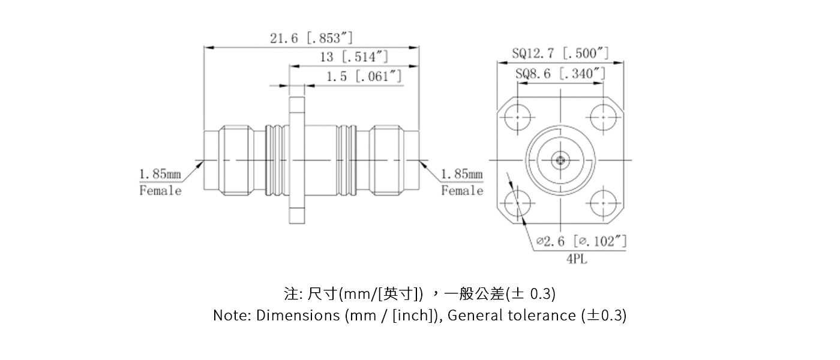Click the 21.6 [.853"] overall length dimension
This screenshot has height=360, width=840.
pos(311,38)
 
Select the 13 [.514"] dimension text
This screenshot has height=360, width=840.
pos(354,57)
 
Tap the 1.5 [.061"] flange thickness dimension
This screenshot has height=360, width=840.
pos(364,77)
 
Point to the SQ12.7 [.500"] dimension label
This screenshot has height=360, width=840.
pos(560,54)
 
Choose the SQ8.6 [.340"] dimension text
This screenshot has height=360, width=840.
pos(560,74)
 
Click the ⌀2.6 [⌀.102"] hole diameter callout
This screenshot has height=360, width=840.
pos(581,241)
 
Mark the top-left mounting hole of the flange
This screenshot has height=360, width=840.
pos(517,117)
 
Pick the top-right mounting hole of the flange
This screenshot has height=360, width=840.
pos(603,117)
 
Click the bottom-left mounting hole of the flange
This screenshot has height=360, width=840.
pos(517,202)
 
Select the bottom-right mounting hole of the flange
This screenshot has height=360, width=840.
pos(603,202)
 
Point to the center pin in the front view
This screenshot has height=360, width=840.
pos(560,160)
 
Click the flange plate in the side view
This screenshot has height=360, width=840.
pos(296,160)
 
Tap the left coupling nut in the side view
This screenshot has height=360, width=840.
pos(242,160)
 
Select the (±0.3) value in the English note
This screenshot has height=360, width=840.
pos(604,316)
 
